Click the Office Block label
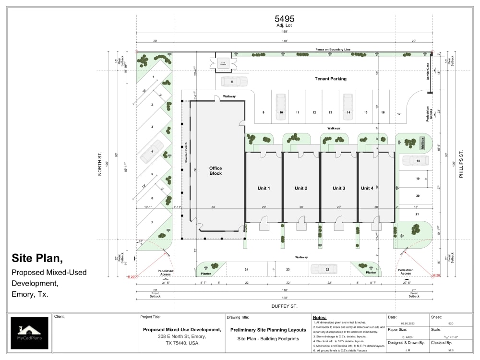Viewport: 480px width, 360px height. click(216, 171)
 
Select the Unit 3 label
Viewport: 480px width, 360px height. click(339, 188)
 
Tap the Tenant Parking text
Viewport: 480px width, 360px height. click(330, 79)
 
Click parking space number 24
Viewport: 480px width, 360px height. click(246, 270)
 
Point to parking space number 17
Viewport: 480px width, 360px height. click(398, 114)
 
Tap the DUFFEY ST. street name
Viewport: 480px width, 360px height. click(284, 306)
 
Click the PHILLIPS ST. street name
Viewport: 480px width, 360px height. click(462, 165)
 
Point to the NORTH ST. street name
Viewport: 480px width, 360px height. click(100, 165)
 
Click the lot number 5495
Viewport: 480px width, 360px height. click(285, 19)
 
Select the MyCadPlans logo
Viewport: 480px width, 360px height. click(30, 333)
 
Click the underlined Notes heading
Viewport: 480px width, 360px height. click(319, 318)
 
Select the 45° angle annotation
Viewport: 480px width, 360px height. click(140, 241)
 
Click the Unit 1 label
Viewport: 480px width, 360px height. click(264, 188)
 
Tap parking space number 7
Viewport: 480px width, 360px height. click(152, 223)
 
